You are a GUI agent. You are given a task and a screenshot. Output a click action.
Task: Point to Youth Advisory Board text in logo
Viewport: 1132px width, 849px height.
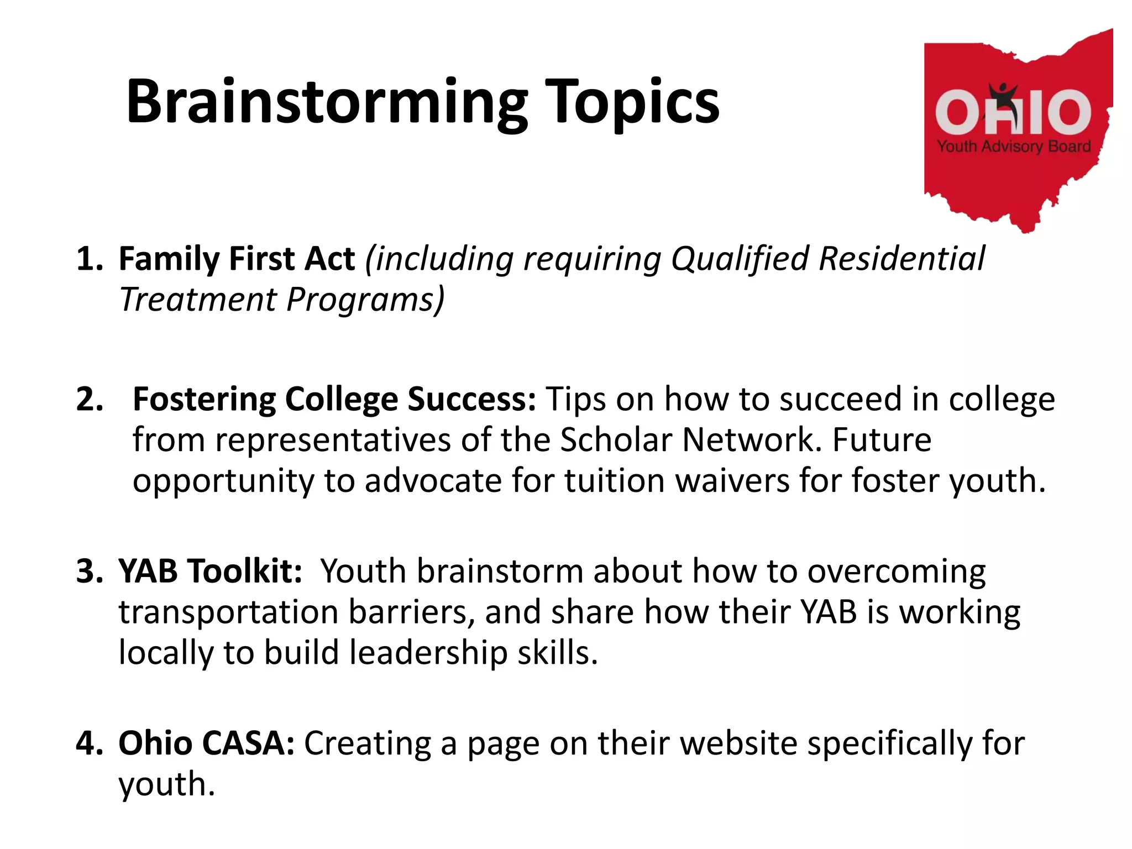1014,146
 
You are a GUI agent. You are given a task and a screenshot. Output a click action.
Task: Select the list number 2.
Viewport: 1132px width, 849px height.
90,399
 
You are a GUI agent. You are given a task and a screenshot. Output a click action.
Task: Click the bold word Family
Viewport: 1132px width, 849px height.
169,259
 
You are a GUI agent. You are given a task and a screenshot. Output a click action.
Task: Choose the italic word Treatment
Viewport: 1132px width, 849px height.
198,300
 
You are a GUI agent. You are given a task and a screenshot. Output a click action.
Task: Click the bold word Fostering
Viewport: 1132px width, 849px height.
203,399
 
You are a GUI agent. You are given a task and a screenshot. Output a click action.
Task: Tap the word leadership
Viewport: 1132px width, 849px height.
428,653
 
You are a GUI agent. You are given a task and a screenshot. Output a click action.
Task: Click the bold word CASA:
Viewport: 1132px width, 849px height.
248,743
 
